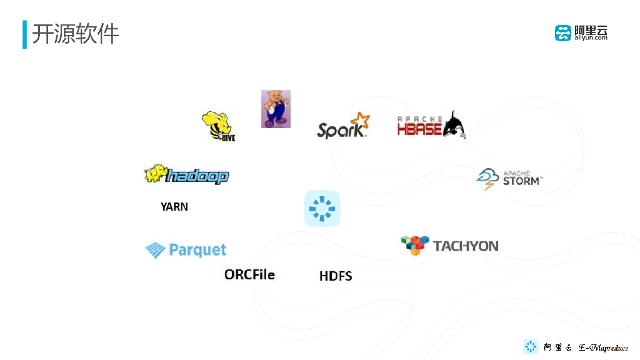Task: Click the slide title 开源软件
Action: click(x=75, y=34)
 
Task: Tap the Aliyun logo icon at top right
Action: click(x=562, y=33)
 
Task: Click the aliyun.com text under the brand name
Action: click(x=591, y=38)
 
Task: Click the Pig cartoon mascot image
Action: click(x=276, y=109)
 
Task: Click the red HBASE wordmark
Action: click(x=419, y=128)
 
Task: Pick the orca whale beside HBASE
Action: click(x=453, y=125)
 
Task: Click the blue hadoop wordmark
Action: click(x=197, y=177)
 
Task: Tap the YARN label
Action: click(x=174, y=206)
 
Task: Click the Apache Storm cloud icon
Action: click(x=487, y=178)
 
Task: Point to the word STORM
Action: click(x=521, y=181)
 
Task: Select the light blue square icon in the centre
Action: click(x=322, y=208)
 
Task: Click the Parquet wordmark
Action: click(x=197, y=251)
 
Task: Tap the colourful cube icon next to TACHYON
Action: click(x=415, y=245)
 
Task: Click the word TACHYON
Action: click(x=466, y=246)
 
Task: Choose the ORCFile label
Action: click(x=249, y=274)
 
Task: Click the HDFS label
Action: click(x=336, y=276)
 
